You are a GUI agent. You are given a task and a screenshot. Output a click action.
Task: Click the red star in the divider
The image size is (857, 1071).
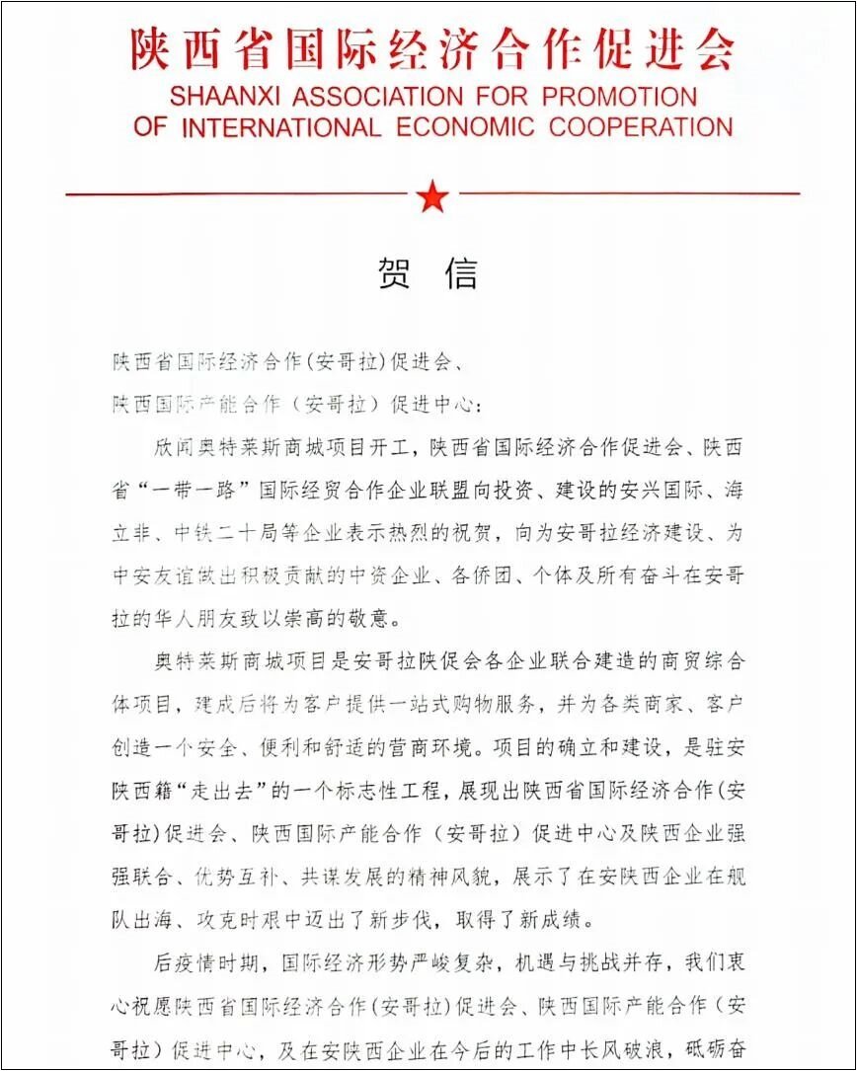(x=432, y=196)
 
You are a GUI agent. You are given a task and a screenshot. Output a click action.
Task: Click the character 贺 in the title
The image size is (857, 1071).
(x=395, y=273)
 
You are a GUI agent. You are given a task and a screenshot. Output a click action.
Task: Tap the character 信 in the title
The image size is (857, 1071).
(x=461, y=273)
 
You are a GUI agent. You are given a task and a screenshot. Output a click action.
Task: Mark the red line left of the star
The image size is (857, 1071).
(x=237, y=194)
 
